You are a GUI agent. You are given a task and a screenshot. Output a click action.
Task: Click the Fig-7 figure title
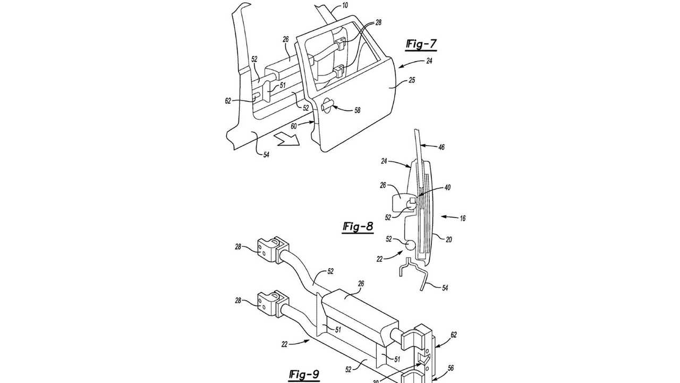(421, 45)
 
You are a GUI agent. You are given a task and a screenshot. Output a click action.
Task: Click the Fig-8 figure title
(358, 227)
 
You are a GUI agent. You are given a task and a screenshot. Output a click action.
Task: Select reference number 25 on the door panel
(411, 80)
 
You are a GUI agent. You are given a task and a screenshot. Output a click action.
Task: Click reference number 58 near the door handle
(358, 110)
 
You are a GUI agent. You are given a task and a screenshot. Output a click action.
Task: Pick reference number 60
(294, 126)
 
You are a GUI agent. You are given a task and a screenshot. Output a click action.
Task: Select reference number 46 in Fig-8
(441, 147)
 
